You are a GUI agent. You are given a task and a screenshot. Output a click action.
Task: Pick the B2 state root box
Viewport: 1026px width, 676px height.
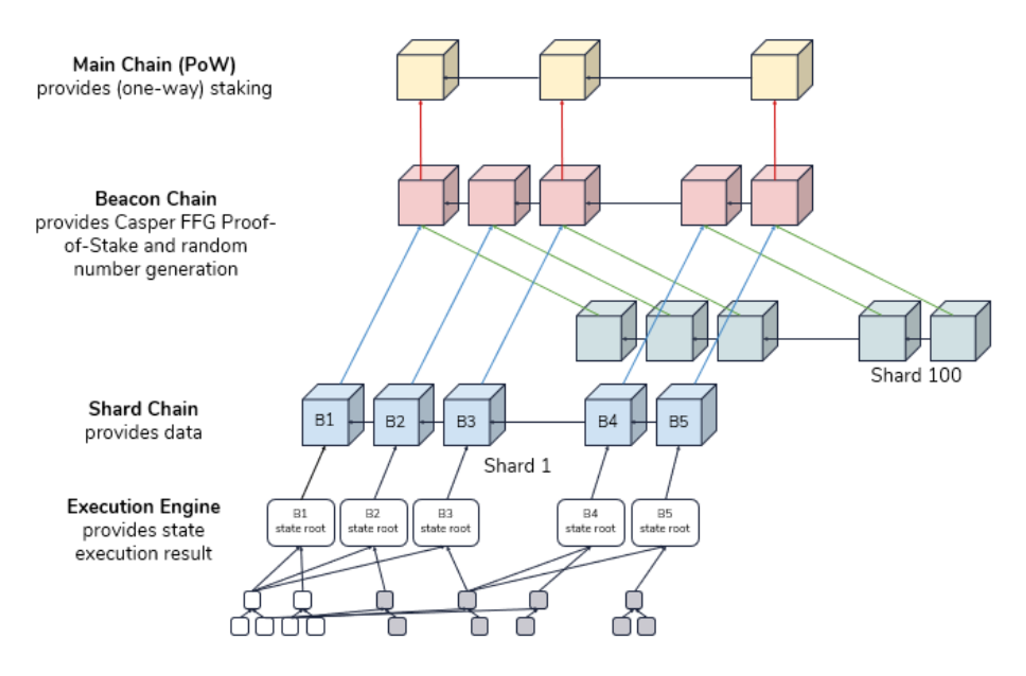[x=373, y=523]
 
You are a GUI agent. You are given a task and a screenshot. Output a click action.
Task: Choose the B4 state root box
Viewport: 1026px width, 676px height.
[x=590, y=523]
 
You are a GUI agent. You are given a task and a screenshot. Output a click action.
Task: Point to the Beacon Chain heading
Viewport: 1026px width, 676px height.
[x=156, y=199]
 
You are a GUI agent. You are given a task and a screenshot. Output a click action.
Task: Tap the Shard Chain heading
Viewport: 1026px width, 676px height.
[x=143, y=409]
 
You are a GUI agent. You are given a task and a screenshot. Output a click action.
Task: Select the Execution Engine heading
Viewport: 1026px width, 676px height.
[x=143, y=507]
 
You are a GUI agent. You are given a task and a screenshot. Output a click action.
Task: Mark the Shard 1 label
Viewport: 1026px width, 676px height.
[x=517, y=466]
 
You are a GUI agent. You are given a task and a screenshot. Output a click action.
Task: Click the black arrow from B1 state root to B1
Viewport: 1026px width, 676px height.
[x=313, y=472]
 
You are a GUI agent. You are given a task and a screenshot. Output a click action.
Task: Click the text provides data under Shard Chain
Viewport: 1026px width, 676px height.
[x=143, y=432]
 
